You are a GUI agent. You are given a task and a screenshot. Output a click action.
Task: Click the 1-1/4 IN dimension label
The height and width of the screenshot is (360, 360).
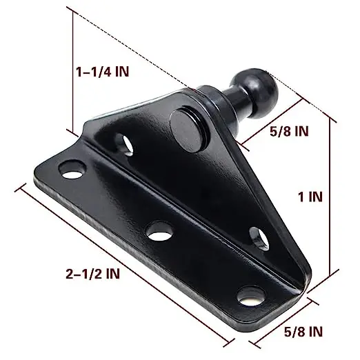pyautogui.click(x=103, y=71)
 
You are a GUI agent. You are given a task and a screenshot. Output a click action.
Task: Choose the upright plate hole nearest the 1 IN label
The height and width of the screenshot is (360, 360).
pyautogui.click(x=259, y=237)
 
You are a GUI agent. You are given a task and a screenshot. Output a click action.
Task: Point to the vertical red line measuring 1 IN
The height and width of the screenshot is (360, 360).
pyautogui.click(x=334, y=200)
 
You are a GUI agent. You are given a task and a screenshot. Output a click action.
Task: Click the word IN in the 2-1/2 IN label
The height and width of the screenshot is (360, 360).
pyautogui.click(x=110, y=273)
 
